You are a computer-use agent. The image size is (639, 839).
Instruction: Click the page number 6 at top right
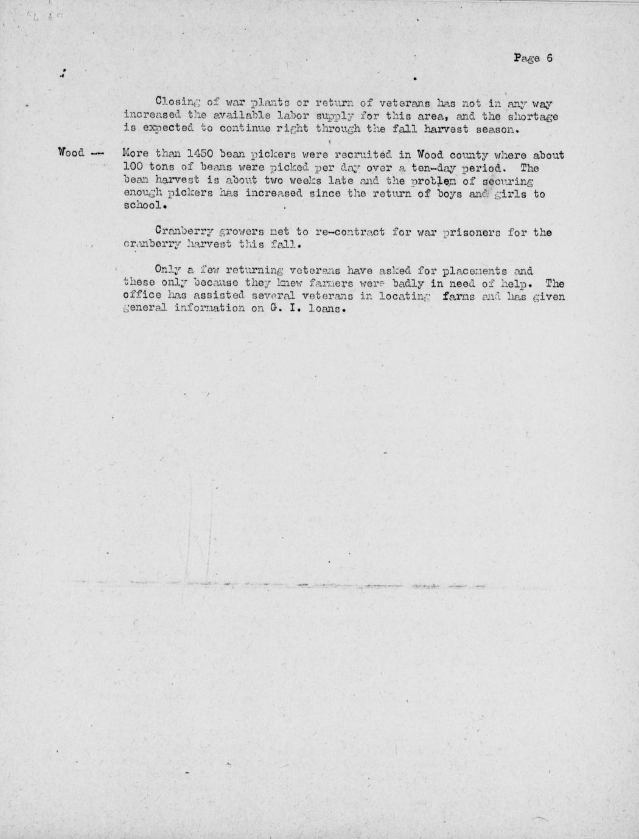click(x=549, y=59)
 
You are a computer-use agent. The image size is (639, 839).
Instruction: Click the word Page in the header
click(x=526, y=59)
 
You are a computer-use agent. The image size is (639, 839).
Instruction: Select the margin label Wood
click(x=71, y=152)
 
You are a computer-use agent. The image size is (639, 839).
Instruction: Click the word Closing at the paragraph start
click(x=174, y=102)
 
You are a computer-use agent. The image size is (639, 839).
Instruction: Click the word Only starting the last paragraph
click(x=168, y=270)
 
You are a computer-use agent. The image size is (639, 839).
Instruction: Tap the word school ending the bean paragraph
click(x=144, y=206)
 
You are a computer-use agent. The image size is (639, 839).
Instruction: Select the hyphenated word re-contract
click(x=351, y=232)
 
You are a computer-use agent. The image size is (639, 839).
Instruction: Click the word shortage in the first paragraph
click(x=534, y=116)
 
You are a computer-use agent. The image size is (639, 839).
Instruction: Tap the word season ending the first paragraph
click(x=497, y=129)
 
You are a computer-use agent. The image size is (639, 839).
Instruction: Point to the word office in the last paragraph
click(x=142, y=296)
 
